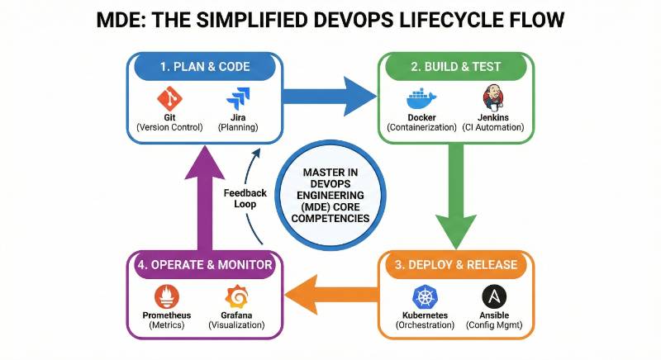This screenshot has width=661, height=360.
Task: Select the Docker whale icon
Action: [421, 100]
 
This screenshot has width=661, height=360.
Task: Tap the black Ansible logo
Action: [494, 297]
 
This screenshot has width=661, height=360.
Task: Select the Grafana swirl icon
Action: [236, 297]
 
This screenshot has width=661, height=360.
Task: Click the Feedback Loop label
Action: [245, 199]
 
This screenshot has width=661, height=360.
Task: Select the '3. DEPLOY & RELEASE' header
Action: [457, 265]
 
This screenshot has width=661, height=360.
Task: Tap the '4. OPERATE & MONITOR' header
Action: [204, 265]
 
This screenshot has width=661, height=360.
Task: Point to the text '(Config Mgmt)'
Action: [494, 325]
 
